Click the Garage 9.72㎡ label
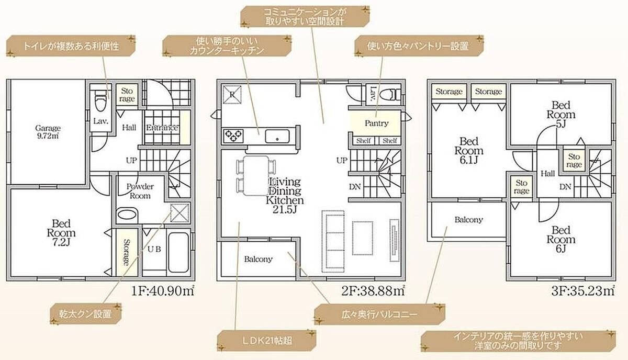point(48,132)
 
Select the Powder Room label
point(140,191)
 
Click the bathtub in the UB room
point(178,252)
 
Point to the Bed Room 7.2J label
point(61,233)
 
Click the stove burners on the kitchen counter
point(233,136)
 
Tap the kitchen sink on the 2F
point(277,136)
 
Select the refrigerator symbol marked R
point(232,95)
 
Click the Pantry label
point(376,123)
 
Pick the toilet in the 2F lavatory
point(390,94)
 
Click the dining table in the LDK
point(256,175)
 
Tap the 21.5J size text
point(285,210)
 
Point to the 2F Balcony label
point(258,259)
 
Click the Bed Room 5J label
point(561,115)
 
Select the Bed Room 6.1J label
point(469,151)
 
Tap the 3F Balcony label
point(469,220)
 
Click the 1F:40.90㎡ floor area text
point(163,291)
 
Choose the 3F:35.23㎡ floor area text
point(583,291)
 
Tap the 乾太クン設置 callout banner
point(86,314)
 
